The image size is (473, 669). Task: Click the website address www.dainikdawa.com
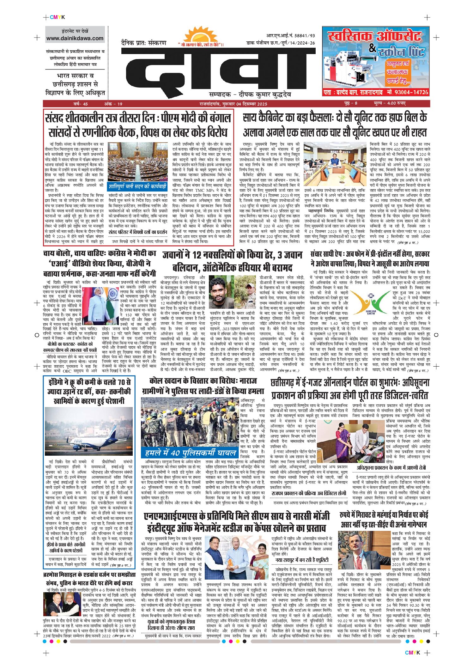pos(75,39)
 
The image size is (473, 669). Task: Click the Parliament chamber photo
pos(138,162)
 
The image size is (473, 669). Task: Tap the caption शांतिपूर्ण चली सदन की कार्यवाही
pos(138,186)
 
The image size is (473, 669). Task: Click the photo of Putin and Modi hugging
pos(62,604)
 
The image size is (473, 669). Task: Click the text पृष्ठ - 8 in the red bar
pos(351,104)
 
